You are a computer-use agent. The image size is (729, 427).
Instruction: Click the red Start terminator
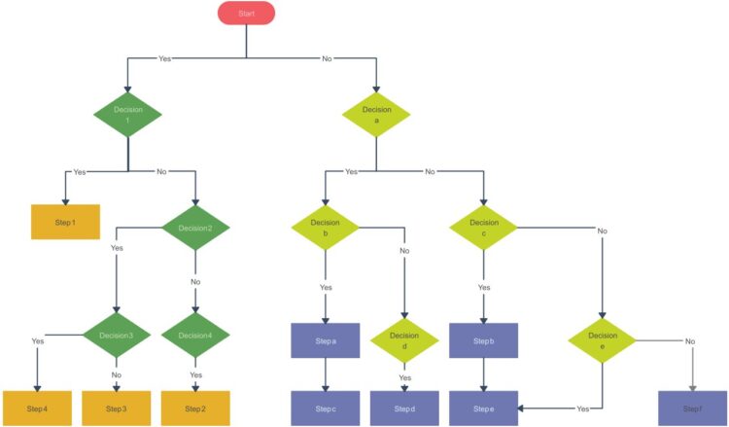[x=246, y=13]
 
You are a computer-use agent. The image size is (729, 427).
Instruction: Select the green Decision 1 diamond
[x=128, y=114]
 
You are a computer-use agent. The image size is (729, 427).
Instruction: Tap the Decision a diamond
[x=376, y=114]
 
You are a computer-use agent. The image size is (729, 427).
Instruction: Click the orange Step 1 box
[x=65, y=222]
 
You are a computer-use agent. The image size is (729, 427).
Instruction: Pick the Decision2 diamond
[x=195, y=229]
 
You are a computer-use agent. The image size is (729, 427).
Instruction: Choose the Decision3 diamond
[x=116, y=336]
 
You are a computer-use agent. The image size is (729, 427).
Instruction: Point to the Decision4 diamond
[x=195, y=336]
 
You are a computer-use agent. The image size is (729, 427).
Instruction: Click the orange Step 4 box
[x=36, y=409]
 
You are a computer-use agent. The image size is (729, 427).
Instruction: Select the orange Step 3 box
[x=116, y=409]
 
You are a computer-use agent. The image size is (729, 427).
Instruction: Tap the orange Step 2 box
[x=195, y=409]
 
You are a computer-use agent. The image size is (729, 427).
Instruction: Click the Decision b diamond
[x=326, y=228]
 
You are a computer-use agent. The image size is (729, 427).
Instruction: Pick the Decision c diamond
[x=483, y=228]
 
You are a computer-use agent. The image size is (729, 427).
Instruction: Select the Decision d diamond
[x=404, y=341]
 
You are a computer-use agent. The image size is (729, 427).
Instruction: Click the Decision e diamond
[x=602, y=341]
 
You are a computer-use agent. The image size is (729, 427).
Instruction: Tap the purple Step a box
[x=326, y=340]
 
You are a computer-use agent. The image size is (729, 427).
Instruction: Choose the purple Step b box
[x=483, y=340]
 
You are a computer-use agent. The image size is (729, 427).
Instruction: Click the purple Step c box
[x=326, y=409]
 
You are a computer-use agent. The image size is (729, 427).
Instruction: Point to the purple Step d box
[x=404, y=409]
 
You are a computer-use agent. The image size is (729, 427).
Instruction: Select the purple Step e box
[x=483, y=409]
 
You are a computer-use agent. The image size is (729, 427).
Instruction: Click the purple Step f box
[x=691, y=409]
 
